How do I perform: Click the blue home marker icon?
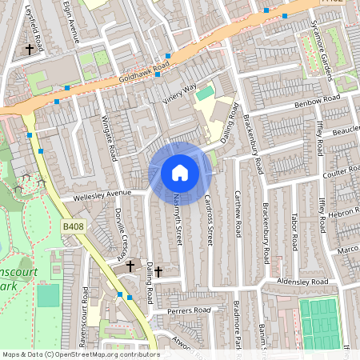tap(180, 172)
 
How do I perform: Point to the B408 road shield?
tap(73, 227)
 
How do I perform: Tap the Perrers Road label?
tap(188, 310)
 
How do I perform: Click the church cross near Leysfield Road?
tap(30, 50)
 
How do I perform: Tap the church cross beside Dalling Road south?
tap(158, 272)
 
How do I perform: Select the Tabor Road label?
tap(294, 229)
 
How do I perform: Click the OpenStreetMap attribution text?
tap(80, 354)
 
